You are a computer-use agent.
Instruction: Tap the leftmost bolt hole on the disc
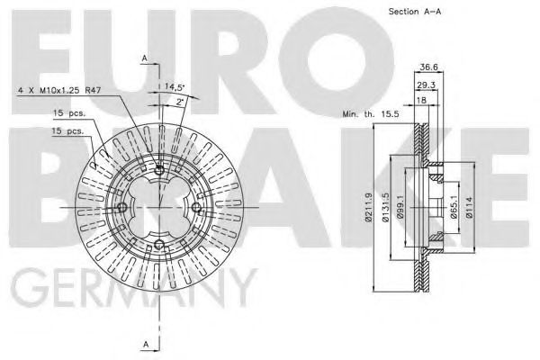point(123,207)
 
